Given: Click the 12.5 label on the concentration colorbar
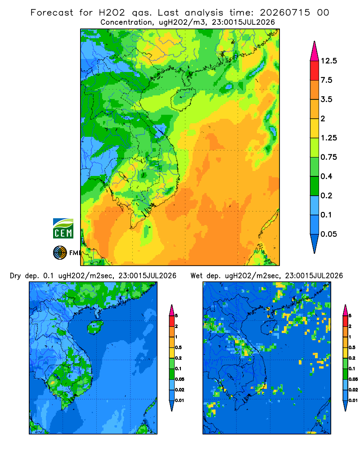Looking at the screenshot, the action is click(x=328, y=61).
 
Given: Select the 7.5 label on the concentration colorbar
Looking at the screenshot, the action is click(x=326, y=80).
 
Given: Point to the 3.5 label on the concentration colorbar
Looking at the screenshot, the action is click(x=326, y=99).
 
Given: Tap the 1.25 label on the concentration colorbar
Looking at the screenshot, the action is click(x=328, y=138).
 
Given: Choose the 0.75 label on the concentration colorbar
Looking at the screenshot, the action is click(x=328, y=157).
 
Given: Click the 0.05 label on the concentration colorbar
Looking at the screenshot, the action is click(x=328, y=234).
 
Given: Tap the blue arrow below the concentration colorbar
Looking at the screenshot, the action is click(x=315, y=243).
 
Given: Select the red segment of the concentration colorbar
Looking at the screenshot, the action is click(x=315, y=71).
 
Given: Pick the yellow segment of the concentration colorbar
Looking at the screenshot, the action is click(x=315, y=128).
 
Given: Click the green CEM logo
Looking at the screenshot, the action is click(x=63, y=229).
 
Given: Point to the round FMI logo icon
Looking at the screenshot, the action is click(x=60, y=253).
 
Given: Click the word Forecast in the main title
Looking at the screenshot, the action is click(x=52, y=13).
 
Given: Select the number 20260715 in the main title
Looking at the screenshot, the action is click(x=285, y=13).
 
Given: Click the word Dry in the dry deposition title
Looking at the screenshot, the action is click(x=15, y=276).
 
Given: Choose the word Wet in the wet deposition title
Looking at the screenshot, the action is click(x=197, y=276).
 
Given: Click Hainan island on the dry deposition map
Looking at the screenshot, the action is click(x=95, y=327).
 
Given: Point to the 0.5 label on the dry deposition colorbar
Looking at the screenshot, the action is click(x=178, y=347).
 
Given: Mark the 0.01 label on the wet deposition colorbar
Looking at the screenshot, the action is click(x=353, y=400).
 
